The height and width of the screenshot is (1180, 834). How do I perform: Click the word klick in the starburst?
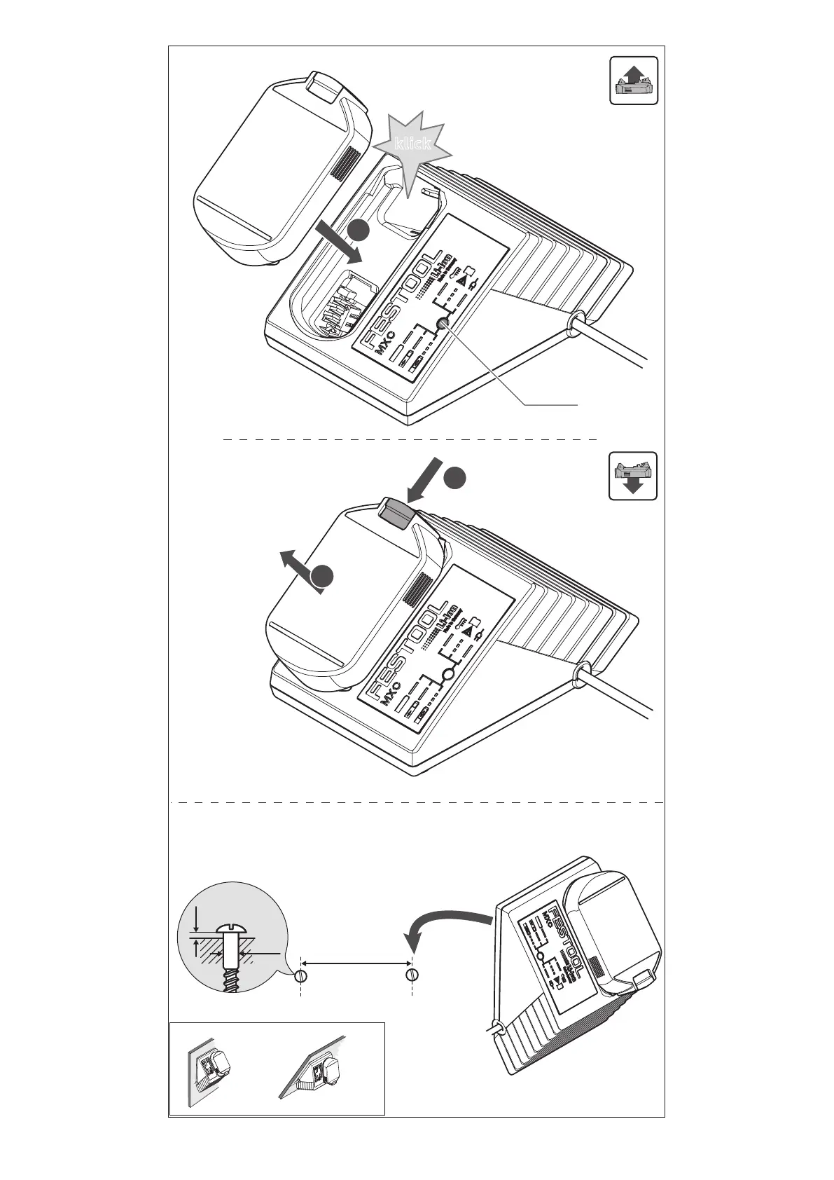click(412, 144)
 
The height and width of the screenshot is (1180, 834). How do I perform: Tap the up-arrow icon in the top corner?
click(633, 81)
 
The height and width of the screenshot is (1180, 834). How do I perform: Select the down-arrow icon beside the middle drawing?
click(633, 476)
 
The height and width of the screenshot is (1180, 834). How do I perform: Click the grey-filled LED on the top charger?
click(442, 323)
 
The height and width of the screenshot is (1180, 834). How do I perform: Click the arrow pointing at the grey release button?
click(426, 478)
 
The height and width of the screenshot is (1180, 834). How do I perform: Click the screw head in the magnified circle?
click(230, 929)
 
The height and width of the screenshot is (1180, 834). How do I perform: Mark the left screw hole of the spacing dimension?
click(301, 975)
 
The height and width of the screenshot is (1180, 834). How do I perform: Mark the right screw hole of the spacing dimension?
click(412, 975)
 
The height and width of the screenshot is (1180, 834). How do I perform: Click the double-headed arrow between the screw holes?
click(356, 965)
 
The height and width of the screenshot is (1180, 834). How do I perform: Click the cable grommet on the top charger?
click(576, 322)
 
